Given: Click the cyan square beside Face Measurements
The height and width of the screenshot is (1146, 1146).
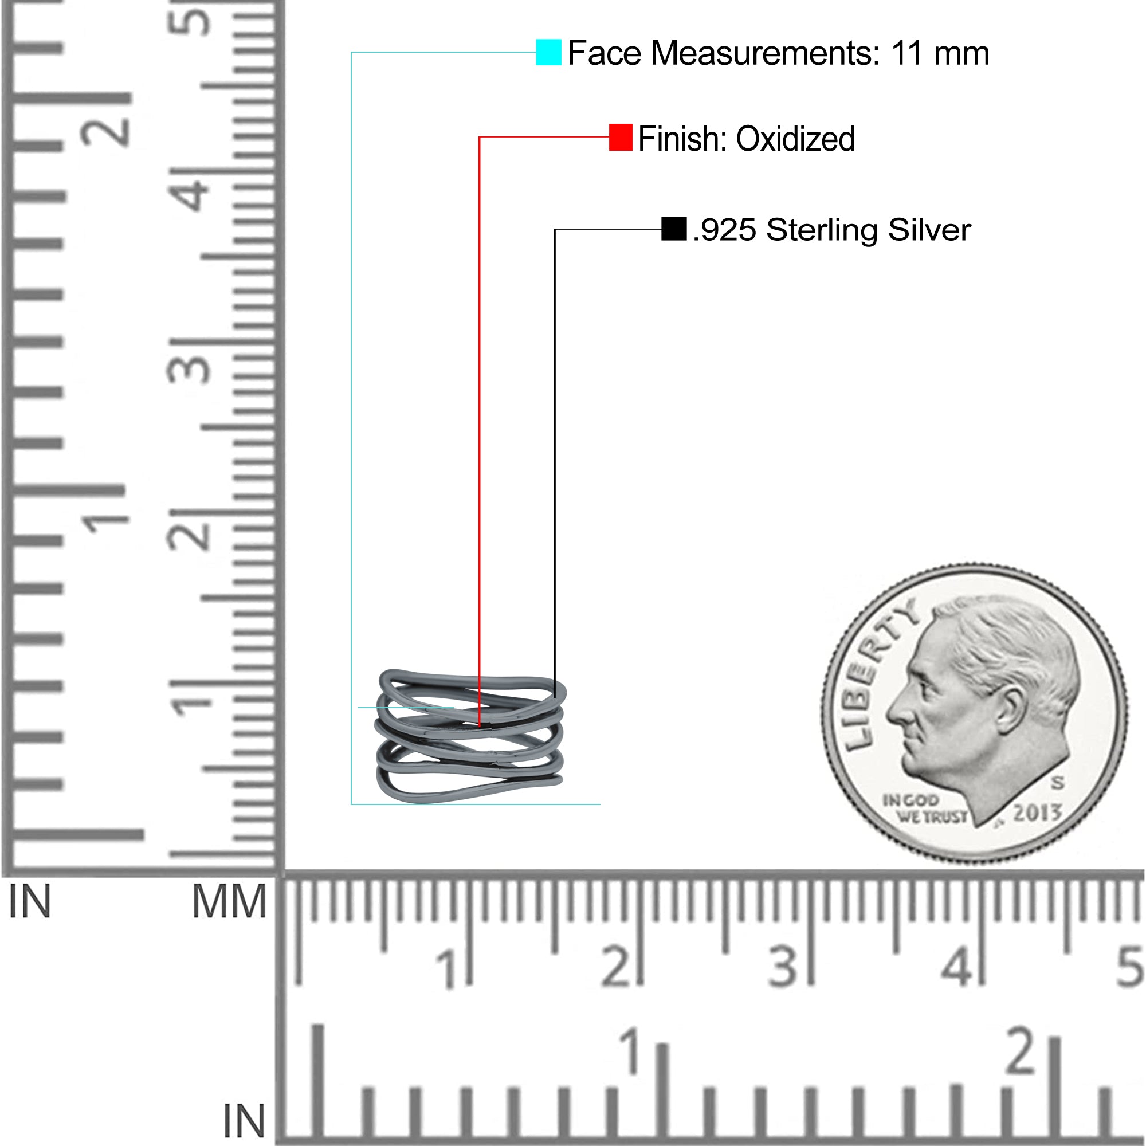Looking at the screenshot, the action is pyautogui.click(x=548, y=52).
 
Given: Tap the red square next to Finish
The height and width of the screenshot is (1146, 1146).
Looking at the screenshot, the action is pyautogui.click(x=621, y=137).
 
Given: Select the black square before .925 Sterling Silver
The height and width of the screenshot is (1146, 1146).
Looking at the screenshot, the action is pyautogui.click(x=674, y=229).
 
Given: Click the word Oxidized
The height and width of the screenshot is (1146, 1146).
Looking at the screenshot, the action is pyautogui.click(x=795, y=139).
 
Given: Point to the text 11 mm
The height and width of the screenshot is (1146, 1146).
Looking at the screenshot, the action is pyautogui.click(x=940, y=53).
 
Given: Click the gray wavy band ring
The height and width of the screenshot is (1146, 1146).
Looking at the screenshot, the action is pyautogui.click(x=470, y=736).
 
